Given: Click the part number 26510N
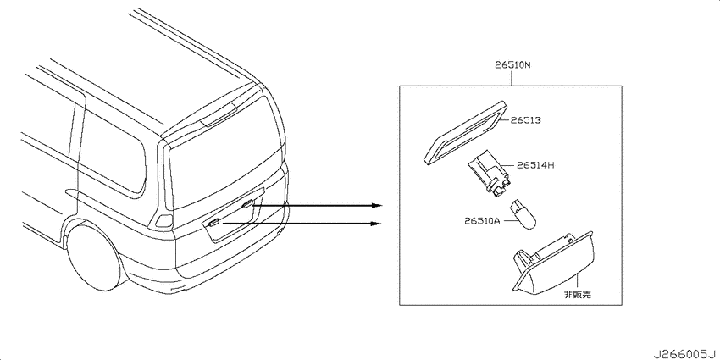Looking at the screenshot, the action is coord(512,65).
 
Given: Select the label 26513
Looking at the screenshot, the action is coord(525,120).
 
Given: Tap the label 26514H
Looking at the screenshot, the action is coord(535,165).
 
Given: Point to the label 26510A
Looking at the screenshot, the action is coord(481,221).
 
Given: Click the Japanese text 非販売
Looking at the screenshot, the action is coord(578,295).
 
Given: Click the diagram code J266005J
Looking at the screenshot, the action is coord(685,353).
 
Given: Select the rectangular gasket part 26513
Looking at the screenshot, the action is coord(464,133).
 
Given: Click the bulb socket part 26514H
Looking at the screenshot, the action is coord(490,175).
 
